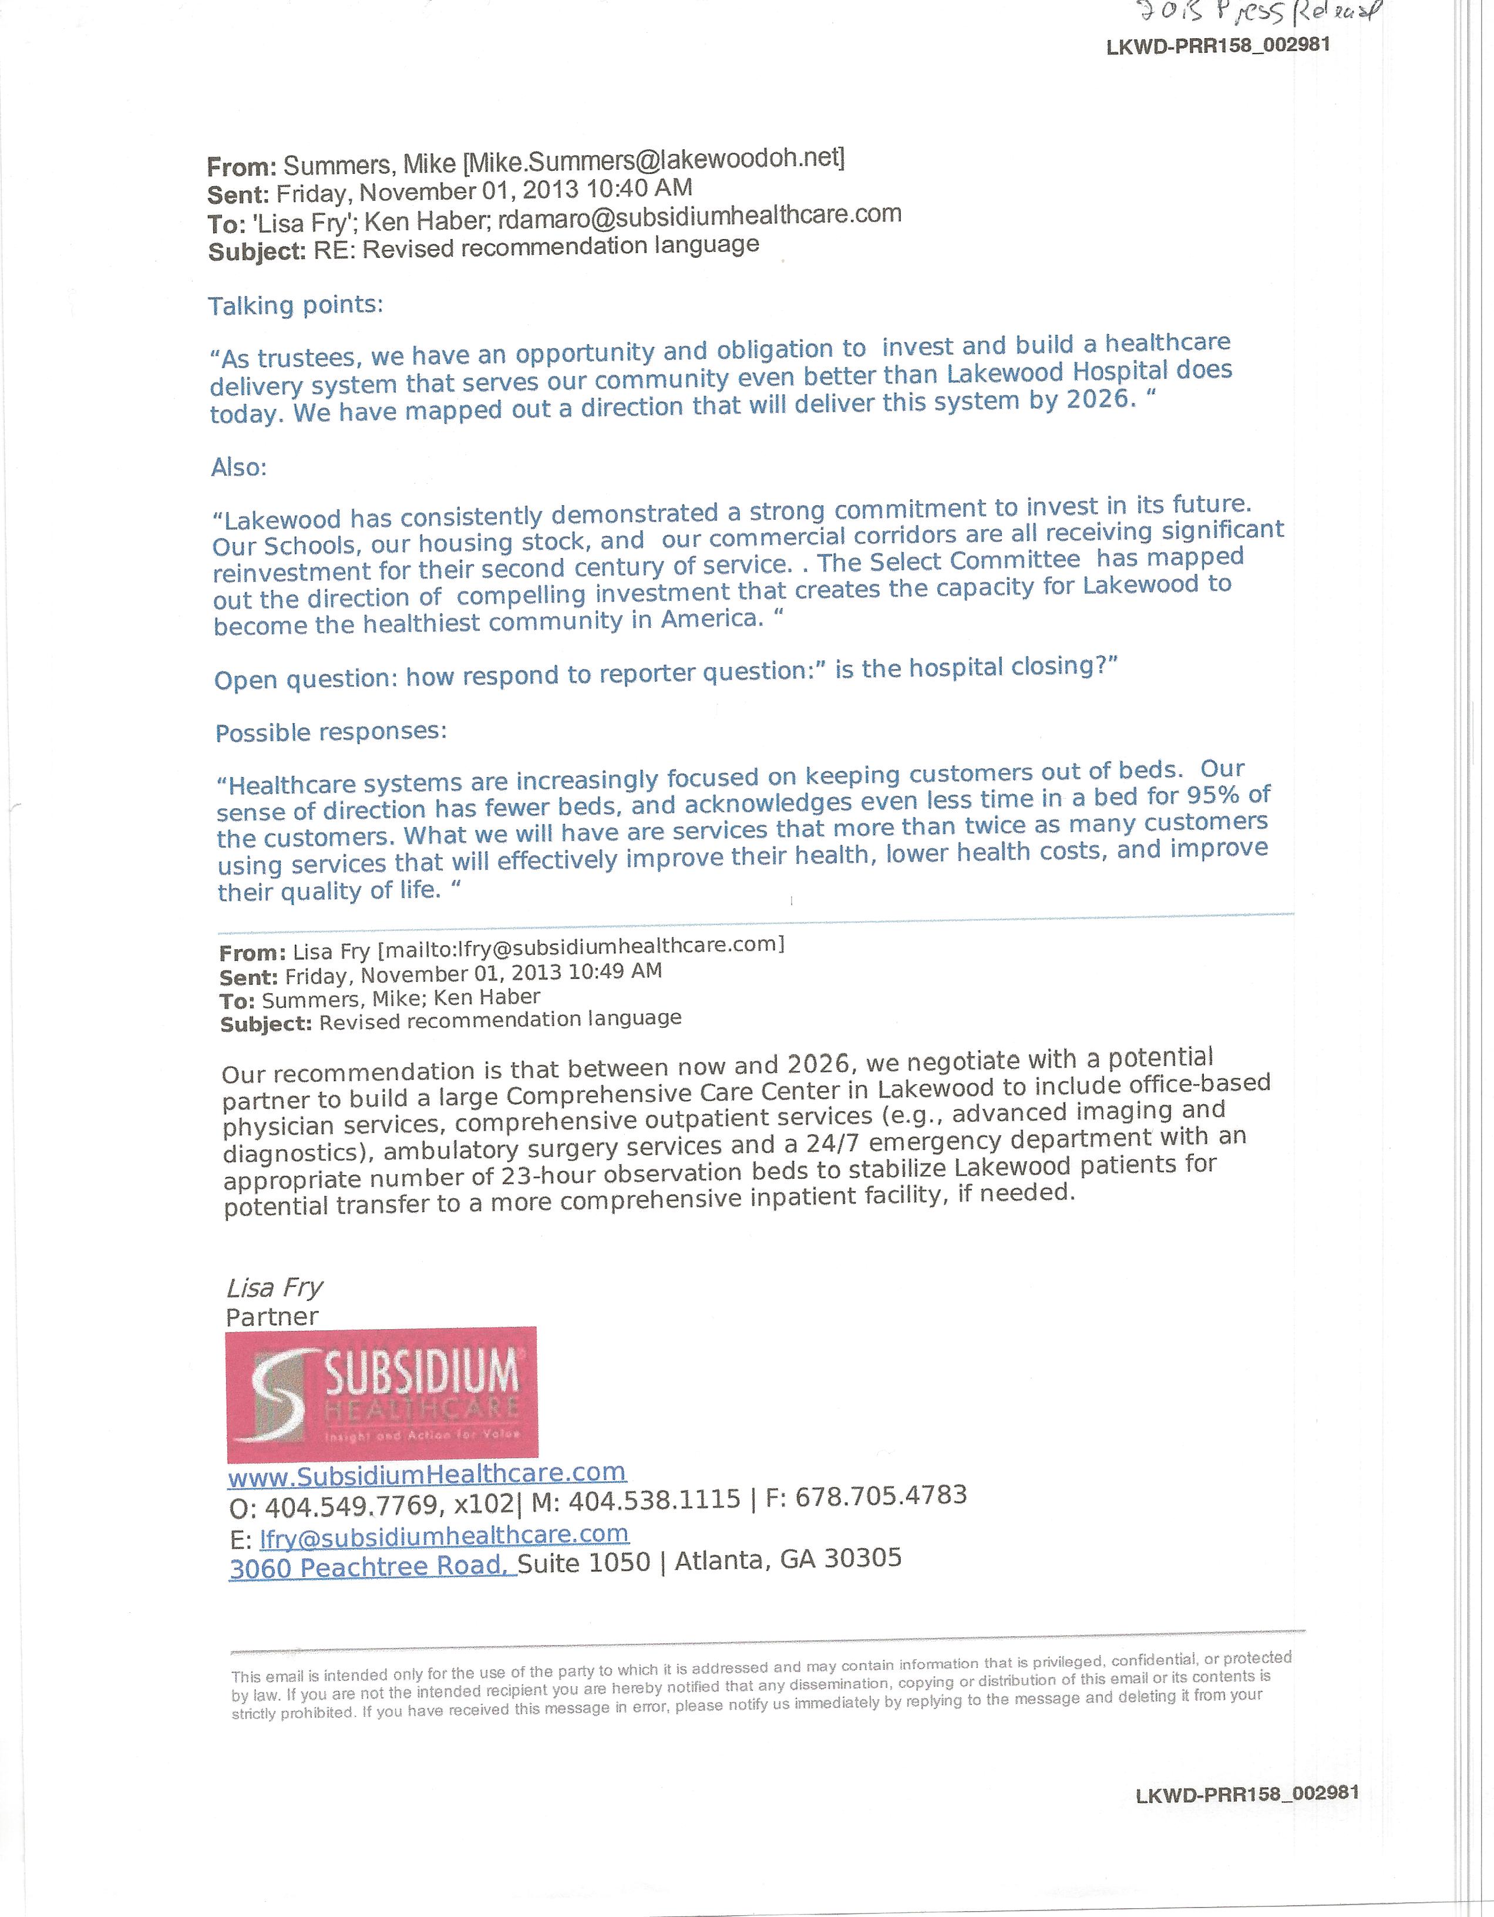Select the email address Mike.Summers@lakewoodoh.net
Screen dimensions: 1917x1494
point(654,160)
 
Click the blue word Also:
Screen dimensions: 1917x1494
point(239,467)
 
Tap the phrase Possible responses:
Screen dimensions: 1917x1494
point(331,732)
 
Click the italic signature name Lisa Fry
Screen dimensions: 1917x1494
point(275,1287)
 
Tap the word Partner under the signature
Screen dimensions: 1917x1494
point(272,1317)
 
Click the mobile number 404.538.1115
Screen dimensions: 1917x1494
point(654,1500)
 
